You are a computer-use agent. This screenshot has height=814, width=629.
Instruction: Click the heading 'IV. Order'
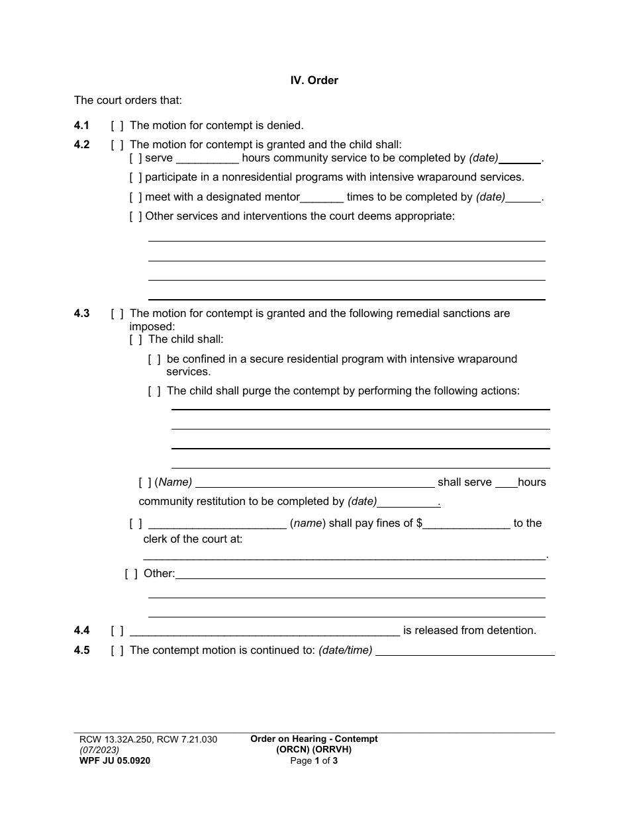point(314,80)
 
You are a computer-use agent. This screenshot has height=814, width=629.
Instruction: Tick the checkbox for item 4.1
point(117,125)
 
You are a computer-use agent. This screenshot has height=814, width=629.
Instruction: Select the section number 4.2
point(81,145)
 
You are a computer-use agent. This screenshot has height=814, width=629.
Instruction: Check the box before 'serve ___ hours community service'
point(136,158)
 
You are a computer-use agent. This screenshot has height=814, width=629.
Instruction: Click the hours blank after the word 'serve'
point(207,159)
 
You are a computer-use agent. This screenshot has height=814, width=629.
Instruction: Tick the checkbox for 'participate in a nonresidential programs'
point(136,177)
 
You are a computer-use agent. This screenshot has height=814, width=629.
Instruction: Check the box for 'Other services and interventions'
point(136,216)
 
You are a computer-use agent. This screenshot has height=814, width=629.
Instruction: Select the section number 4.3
point(81,314)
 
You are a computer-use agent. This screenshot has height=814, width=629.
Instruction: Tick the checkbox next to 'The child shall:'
point(136,339)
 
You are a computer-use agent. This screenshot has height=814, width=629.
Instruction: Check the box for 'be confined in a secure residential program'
point(154,359)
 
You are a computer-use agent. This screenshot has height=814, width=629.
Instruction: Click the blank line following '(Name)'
point(314,483)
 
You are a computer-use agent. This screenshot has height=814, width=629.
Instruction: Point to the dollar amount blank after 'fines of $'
point(467,524)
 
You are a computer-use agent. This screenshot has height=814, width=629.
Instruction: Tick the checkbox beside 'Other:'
point(131,574)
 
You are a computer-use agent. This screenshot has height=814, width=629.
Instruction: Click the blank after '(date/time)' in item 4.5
point(465,651)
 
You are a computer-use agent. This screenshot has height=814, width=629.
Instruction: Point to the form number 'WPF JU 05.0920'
point(115,761)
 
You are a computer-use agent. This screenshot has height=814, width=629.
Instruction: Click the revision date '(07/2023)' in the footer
point(99,750)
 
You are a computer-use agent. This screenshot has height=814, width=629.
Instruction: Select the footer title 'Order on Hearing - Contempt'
point(314,739)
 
